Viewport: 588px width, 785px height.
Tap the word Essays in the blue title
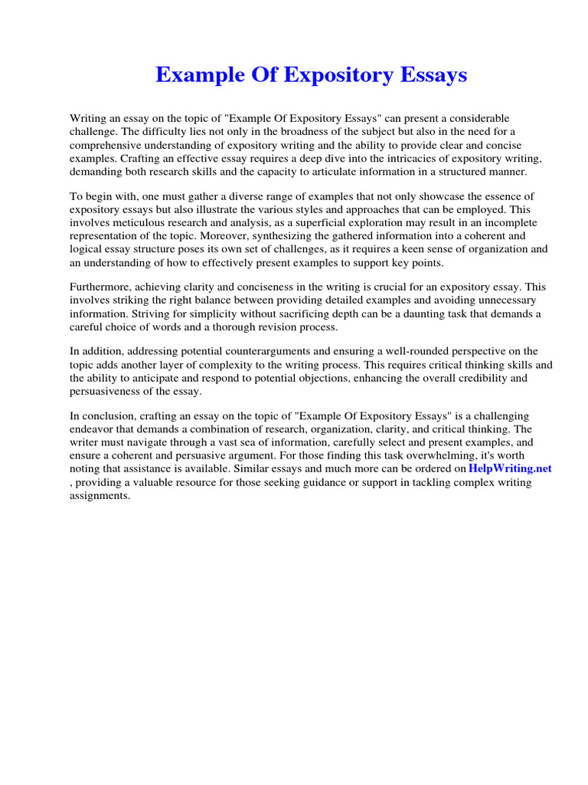pos(430,75)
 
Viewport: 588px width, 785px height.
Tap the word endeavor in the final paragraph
pos(95,429)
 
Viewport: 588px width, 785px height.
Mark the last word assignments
pos(100,496)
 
